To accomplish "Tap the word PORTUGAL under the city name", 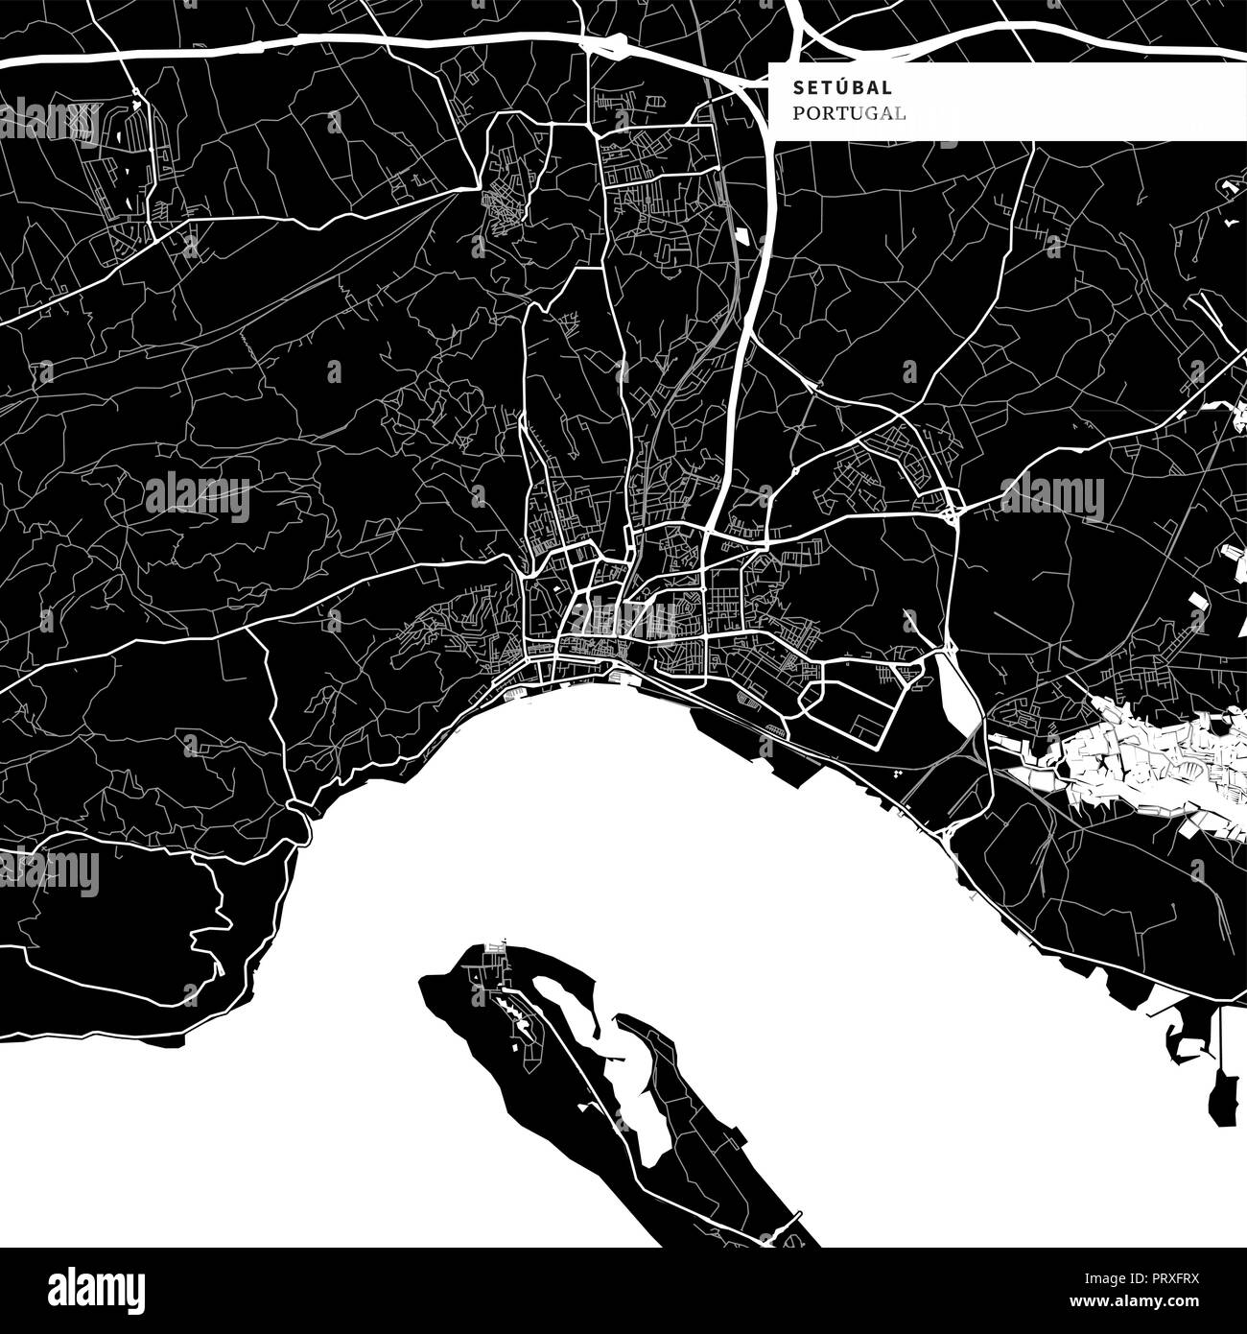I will pos(849,114).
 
